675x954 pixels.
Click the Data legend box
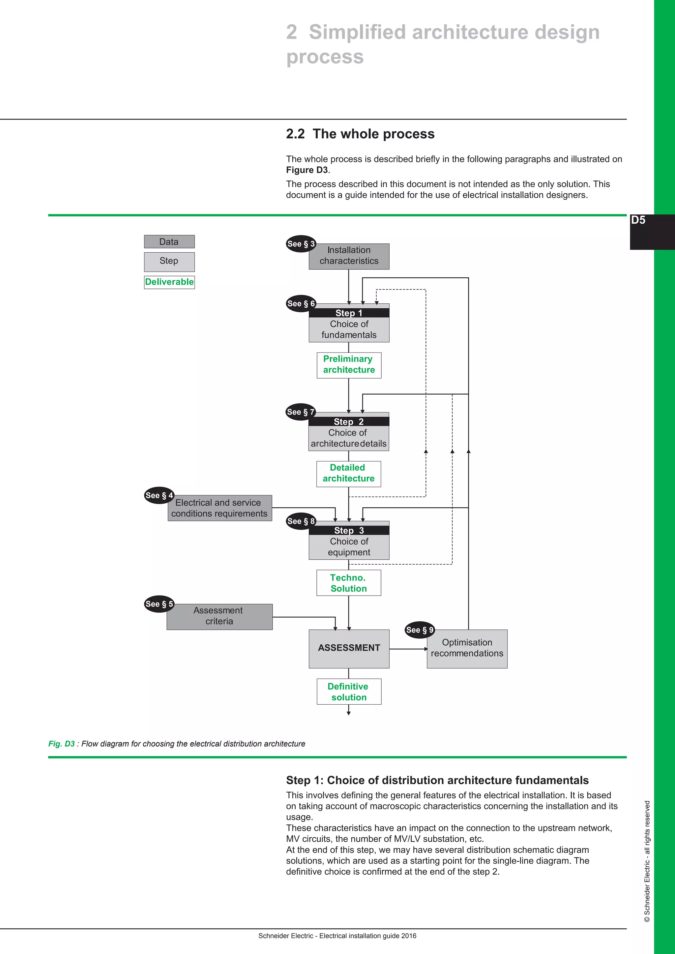169,241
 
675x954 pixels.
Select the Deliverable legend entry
169,282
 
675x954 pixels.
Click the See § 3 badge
301,244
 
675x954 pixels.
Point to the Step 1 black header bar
349,313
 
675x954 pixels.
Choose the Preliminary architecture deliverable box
349,365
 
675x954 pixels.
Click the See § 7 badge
301,412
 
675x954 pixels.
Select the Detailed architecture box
348,474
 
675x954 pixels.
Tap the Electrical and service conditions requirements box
220,508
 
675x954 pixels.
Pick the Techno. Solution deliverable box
348,583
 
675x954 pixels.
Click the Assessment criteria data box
220,617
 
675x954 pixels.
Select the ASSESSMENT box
349,649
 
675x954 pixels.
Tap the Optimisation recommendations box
467,649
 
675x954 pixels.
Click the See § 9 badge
419,630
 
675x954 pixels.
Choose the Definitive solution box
349,692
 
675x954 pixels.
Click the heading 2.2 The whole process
360,134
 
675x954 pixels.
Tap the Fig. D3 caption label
62,744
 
